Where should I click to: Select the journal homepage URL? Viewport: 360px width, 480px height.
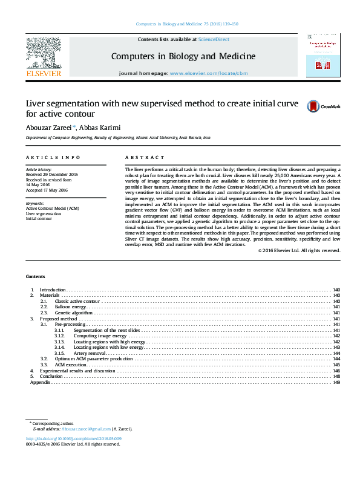(209, 73)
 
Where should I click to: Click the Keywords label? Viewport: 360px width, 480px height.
(35, 203)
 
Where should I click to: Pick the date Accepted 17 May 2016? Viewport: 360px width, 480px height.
(47, 190)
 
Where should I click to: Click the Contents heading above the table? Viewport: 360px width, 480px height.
(35, 276)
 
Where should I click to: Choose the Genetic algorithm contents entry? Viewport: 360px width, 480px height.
(73, 313)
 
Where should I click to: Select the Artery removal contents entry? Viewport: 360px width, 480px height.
(90, 353)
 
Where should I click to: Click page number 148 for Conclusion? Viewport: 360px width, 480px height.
(336, 376)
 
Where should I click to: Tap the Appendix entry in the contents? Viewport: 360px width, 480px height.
(40, 382)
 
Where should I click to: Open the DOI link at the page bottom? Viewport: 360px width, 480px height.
(74, 438)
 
